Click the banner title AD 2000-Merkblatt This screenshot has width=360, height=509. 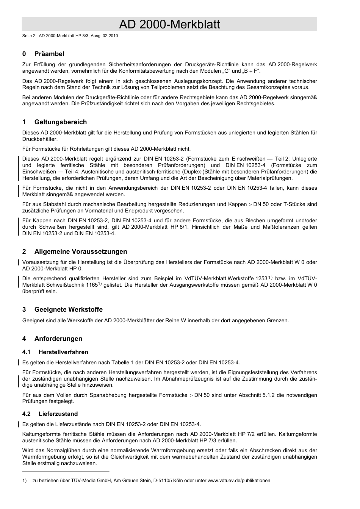pyautogui.click(x=169, y=24)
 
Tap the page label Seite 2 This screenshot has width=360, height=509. pyautogui.click(x=29, y=36)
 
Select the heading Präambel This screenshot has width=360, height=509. pyautogui.click(x=49, y=54)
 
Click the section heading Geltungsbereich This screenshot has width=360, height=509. pyautogui.click(x=61, y=122)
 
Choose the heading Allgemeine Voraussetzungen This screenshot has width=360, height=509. pyautogui.click(x=81, y=251)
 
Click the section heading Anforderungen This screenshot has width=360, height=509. pyautogui.click(x=58, y=339)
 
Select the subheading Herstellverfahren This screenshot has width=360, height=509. pyautogui.click(x=63, y=352)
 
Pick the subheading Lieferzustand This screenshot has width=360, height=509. pyautogui.click(x=58, y=414)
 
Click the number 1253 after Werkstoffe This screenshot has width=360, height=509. pyautogui.click(x=261, y=278)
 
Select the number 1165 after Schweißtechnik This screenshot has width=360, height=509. pyautogui.click(x=91, y=285)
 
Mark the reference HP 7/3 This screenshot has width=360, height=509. pyautogui.click(x=229, y=440)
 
